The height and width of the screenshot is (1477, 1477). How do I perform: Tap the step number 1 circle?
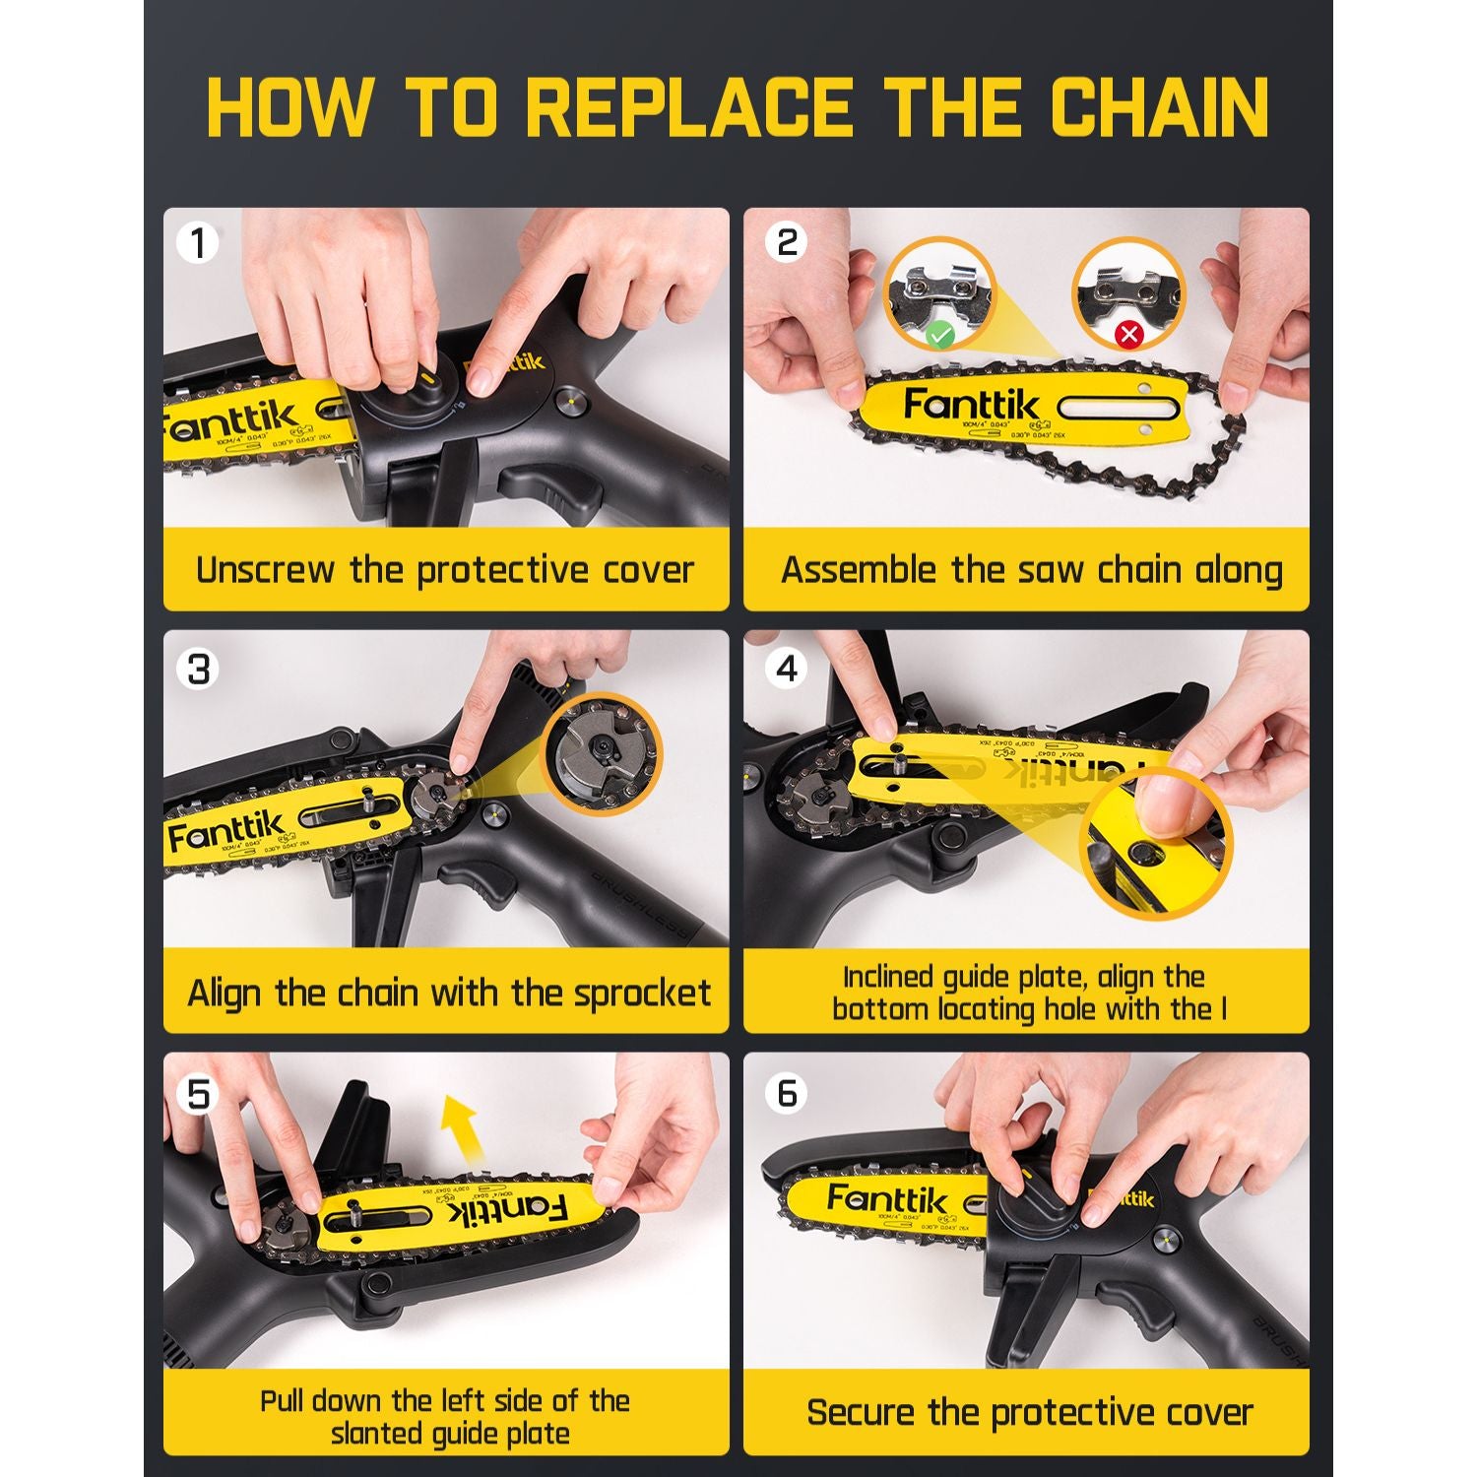click(x=198, y=242)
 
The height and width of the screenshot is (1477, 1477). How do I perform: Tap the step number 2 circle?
click(x=787, y=242)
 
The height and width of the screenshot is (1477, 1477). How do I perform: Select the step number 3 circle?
click(x=198, y=670)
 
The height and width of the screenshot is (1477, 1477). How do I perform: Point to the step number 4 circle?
click(x=787, y=669)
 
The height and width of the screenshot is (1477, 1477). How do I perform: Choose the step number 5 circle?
click(x=198, y=1094)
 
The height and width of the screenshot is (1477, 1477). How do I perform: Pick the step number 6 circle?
click(x=787, y=1093)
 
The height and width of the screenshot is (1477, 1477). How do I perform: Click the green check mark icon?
click(x=940, y=335)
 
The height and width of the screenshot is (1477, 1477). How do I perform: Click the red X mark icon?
click(x=1128, y=335)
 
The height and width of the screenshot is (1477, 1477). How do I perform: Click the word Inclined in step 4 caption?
click(x=887, y=977)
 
